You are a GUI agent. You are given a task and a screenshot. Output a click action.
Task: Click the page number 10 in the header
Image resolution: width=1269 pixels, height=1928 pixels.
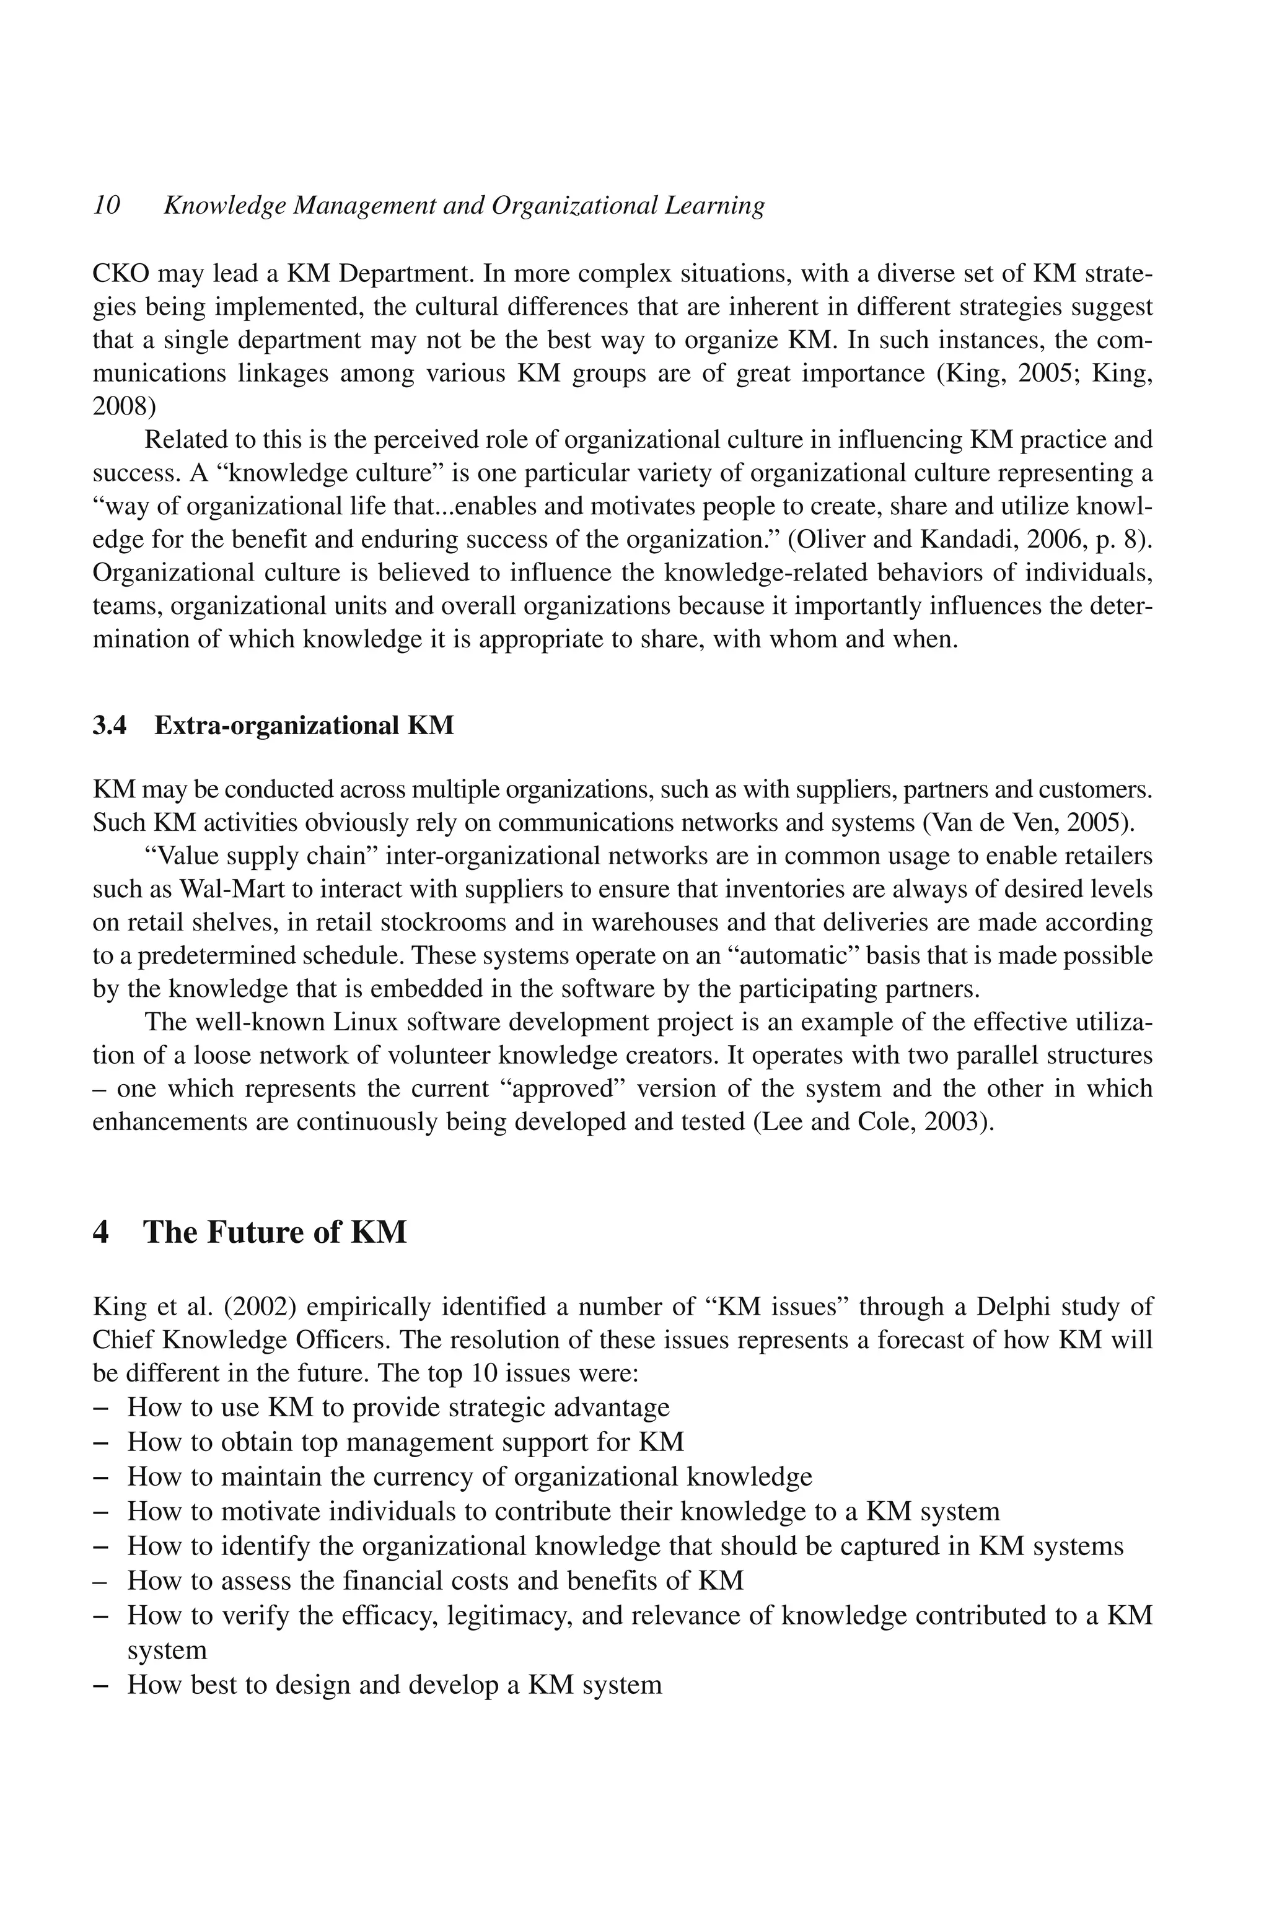(x=106, y=206)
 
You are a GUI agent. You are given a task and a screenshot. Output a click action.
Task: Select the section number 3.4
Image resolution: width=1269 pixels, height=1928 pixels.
(x=110, y=725)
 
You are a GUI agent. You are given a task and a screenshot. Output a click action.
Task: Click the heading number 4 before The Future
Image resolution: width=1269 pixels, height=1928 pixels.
(x=101, y=1233)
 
